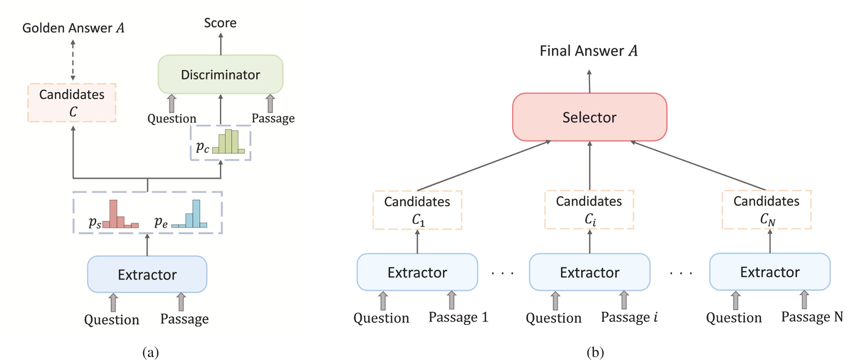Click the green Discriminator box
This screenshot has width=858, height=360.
(x=220, y=74)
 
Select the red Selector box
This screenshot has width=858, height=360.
(x=589, y=117)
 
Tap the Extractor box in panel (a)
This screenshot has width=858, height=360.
(x=147, y=274)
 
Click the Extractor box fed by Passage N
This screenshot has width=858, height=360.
(x=769, y=272)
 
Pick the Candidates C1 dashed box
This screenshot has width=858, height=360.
(x=417, y=210)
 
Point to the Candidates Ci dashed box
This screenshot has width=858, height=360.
(x=589, y=210)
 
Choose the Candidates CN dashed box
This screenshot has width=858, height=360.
(x=766, y=210)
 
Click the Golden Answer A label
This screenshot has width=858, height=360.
(x=73, y=28)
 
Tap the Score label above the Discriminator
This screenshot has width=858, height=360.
(x=220, y=23)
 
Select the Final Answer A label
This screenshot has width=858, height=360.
(x=588, y=51)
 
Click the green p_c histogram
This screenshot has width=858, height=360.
(x=228, y=142)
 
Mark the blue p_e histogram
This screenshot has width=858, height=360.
(x=189, y=215)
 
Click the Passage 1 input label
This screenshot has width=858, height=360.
(x=458, y=317)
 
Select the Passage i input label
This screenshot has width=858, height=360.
(x=629, y=317)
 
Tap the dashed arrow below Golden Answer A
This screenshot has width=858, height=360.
(x=73, y=60)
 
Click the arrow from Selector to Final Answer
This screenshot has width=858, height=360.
(x=589, y=81)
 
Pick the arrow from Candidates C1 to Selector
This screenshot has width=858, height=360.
(x=484, y=166)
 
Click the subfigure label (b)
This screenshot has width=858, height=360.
(x=595, y=352)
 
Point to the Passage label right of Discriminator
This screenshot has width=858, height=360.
(x=273, y=118)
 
